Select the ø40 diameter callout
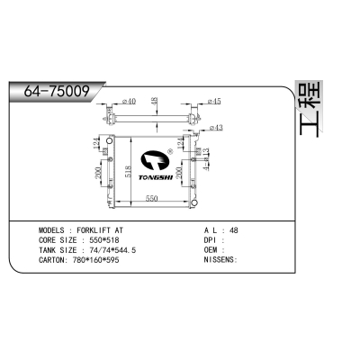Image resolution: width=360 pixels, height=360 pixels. click(x=127, y=101)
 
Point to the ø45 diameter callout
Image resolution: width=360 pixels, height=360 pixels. click(x=215, y=101)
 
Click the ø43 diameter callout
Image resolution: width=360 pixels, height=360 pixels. click(x=215, y=127)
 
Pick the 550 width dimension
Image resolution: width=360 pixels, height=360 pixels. click(x=153, y=198)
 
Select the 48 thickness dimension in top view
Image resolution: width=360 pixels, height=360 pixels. click(x=155, y=100)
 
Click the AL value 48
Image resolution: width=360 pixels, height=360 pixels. click(x=234, y=230)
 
